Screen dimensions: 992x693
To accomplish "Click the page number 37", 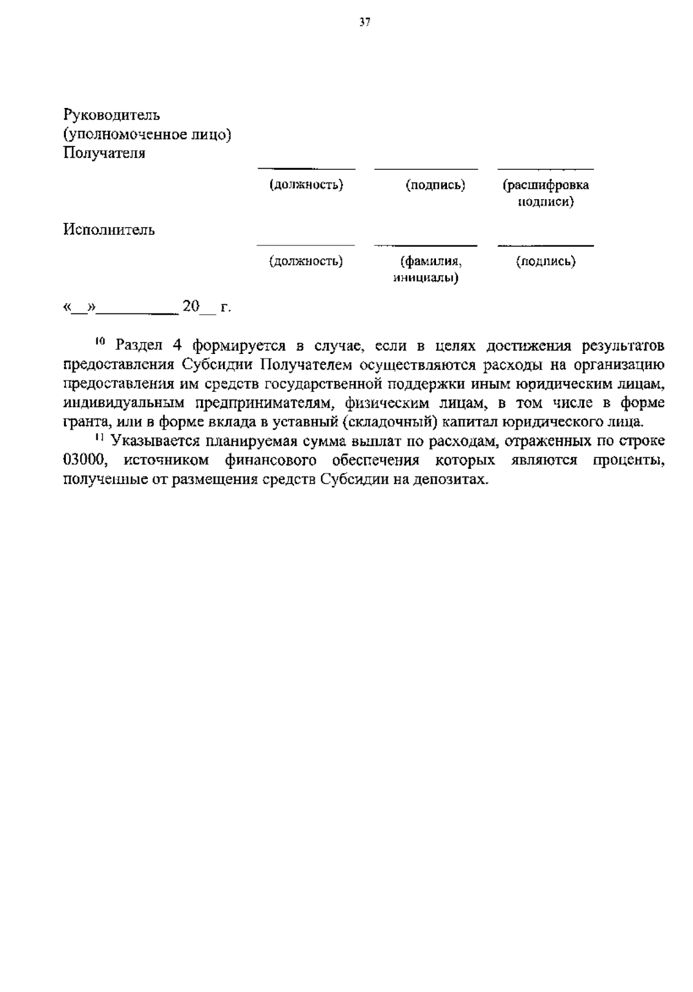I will (364, 23).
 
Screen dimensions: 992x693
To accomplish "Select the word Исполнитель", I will (109, 230).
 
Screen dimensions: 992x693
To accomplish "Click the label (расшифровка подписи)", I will (545, 193).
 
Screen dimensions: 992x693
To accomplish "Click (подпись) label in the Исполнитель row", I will (546, 262).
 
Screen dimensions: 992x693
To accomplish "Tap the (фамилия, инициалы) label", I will (426, 270).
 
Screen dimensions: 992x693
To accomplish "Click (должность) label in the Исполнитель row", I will (306, 262).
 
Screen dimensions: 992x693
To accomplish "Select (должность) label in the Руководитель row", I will (306, 185).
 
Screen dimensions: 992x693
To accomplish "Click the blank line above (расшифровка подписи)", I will (545, 169).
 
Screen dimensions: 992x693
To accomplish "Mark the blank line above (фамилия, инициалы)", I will (426, 246).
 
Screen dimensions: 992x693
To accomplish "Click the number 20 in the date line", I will (190, 306).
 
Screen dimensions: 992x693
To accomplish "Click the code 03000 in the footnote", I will (86, 460).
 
